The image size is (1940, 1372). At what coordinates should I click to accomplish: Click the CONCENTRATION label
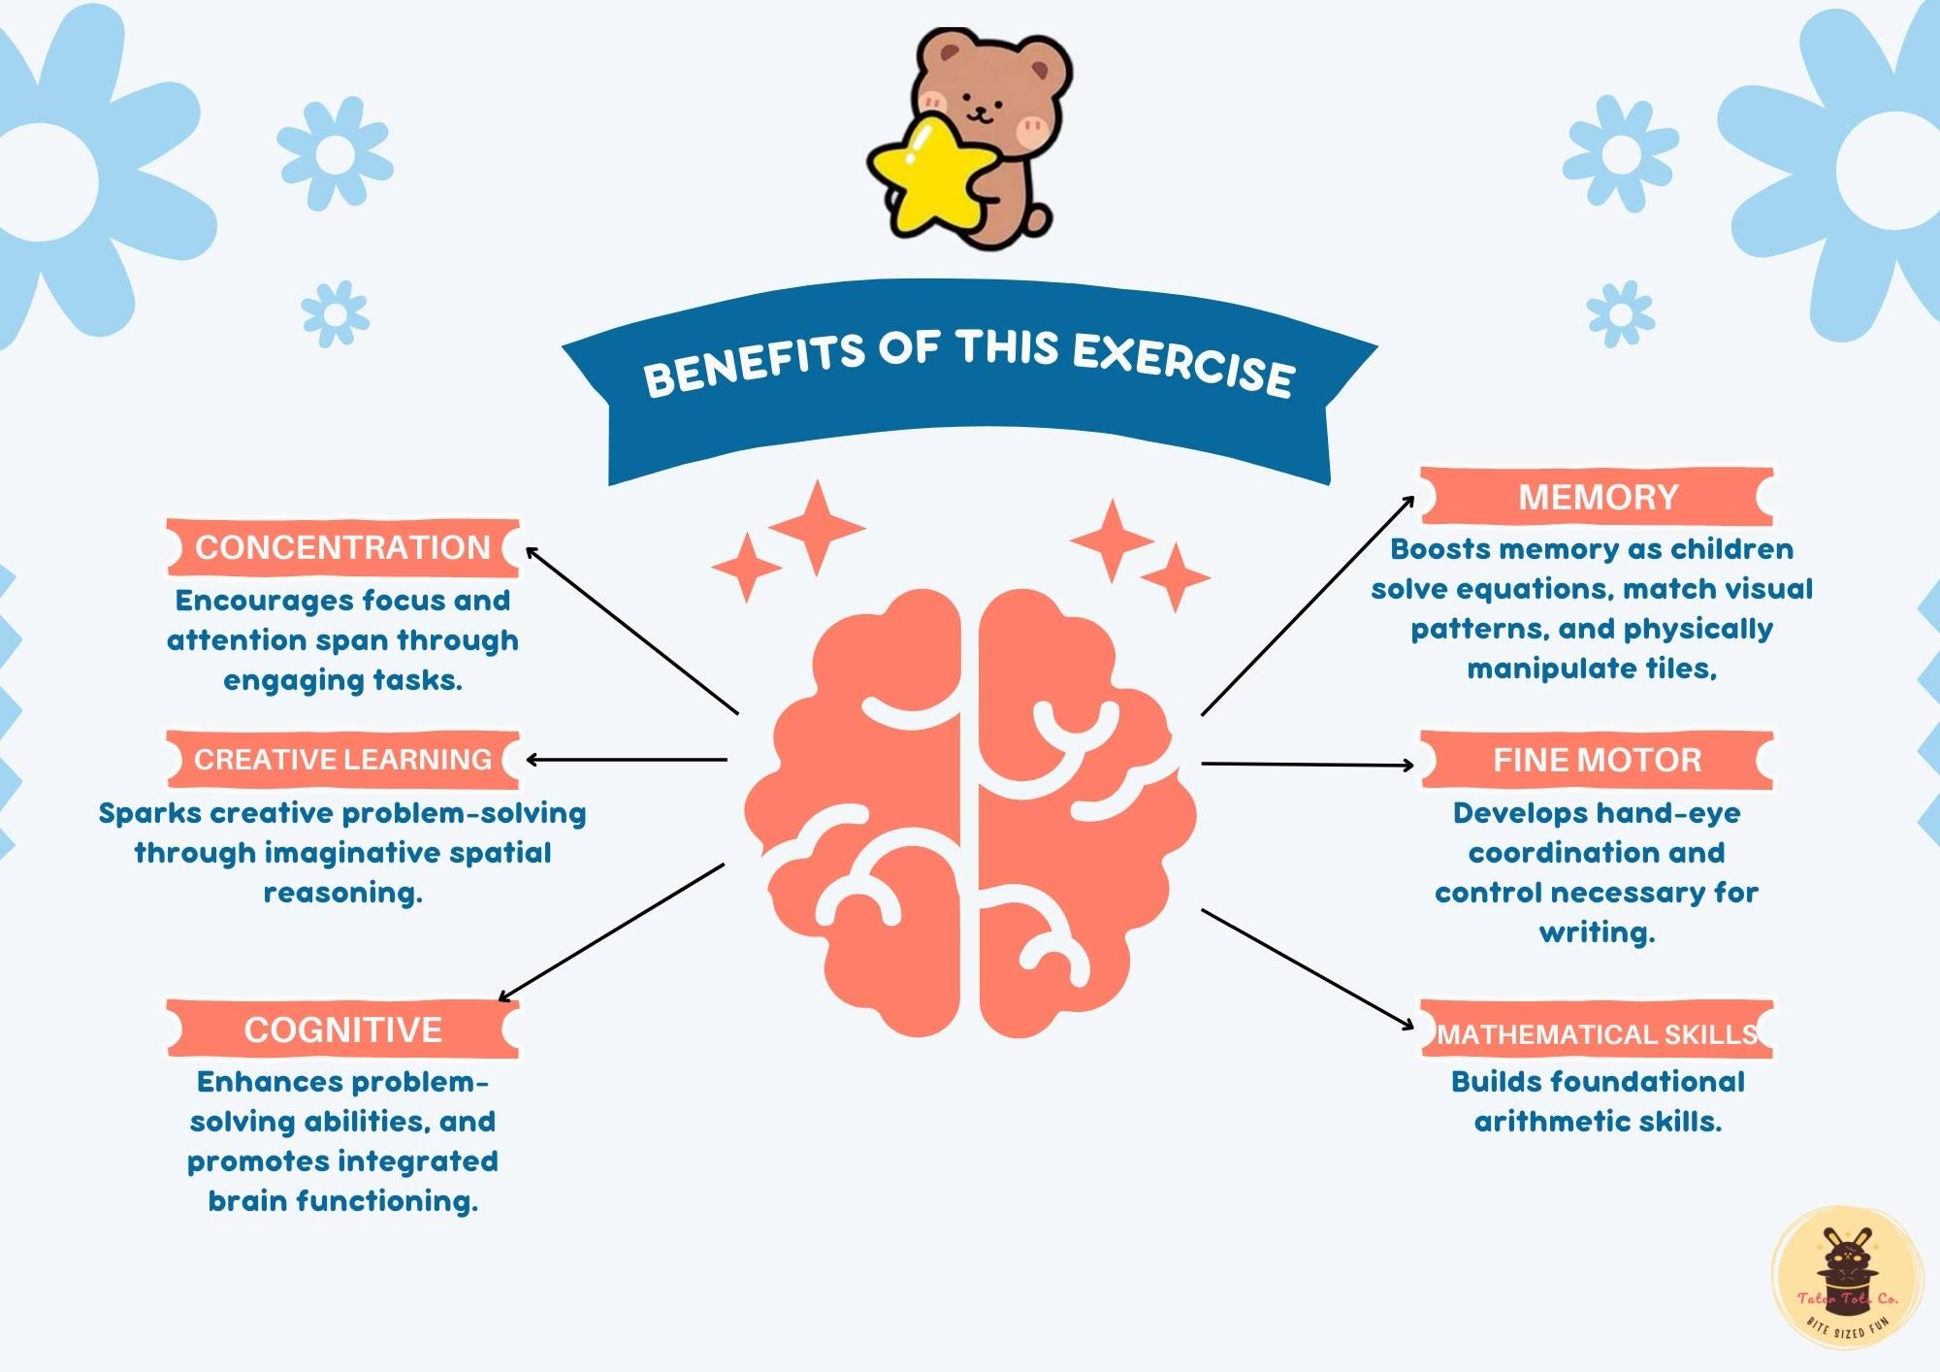point(342,547)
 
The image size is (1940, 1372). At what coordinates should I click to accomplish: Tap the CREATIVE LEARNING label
point(342,759)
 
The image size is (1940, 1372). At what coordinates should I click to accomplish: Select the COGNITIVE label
point(342,1029)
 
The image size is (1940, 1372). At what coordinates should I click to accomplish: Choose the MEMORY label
point(1598,497)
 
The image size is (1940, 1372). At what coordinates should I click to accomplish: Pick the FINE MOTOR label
point(1597,760)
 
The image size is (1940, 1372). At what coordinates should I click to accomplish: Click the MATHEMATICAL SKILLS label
point(1597,1034)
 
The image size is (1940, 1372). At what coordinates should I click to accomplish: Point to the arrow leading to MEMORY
point(1308,605)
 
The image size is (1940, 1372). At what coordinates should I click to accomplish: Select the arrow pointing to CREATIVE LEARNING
point(626,760)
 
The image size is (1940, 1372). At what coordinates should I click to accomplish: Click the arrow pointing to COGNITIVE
point(611,931)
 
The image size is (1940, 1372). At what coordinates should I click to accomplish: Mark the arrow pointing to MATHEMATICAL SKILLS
point(1308,968)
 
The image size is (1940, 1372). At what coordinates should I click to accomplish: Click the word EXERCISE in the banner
point(1182,363)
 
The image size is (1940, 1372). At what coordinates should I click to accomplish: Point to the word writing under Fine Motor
point(1596,932)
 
